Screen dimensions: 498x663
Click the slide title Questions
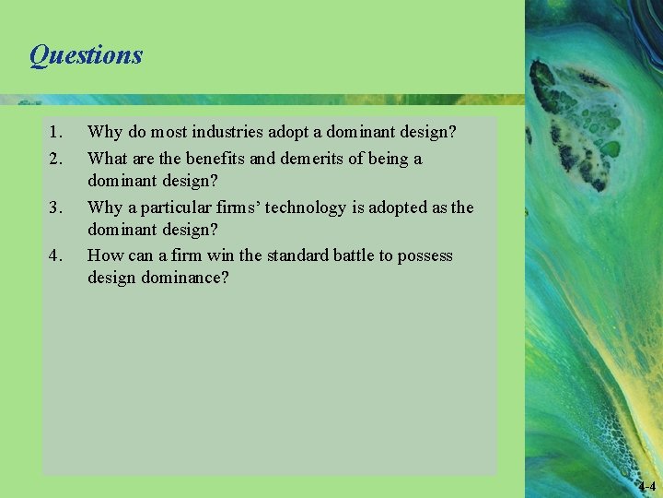click(x=86, y=55)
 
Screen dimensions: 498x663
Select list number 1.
click(x=57, y=133)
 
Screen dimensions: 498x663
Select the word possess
click(x=425, y=255)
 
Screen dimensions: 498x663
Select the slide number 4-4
click(x=646, y=486)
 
